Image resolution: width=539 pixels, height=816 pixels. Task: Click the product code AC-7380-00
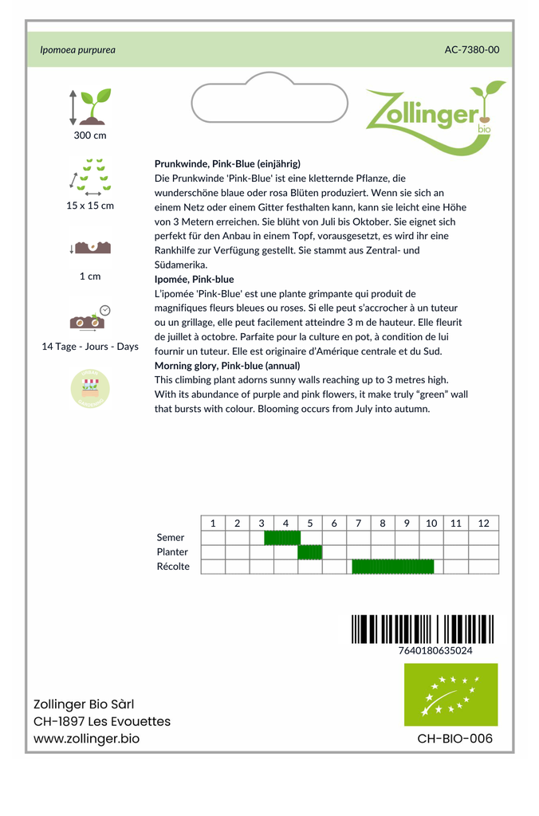471,49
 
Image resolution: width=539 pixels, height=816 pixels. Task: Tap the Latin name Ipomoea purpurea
77,49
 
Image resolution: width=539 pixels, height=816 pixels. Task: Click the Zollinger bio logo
435,116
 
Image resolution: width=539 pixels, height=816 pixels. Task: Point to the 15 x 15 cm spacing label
90,206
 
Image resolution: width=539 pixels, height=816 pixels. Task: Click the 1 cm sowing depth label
90,277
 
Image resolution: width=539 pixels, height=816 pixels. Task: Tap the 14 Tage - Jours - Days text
90,347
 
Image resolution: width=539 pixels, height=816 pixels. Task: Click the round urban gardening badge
90,389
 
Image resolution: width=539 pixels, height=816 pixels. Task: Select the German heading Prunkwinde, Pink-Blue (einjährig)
227,163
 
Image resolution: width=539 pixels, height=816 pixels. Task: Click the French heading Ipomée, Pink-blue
194,279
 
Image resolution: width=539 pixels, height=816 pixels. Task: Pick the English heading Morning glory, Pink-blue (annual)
227,366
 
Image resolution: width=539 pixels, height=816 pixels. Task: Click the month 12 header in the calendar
483,524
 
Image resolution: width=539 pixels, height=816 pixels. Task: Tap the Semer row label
171,538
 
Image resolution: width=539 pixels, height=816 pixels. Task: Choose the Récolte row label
173,567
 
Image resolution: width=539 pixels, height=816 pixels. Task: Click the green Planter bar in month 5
309,552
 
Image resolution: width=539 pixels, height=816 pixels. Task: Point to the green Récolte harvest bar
392,567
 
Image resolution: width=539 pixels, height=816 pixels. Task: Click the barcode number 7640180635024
435,650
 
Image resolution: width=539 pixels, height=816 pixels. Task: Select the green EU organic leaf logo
450,694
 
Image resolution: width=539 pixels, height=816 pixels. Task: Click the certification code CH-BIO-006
454,739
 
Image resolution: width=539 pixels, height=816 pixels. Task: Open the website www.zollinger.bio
86,739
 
